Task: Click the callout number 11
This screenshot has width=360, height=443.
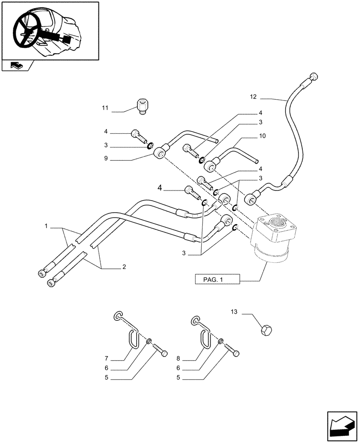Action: point(105,108)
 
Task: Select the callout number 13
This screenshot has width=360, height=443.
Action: point(234,312)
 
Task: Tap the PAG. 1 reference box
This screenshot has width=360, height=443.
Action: point(217,280)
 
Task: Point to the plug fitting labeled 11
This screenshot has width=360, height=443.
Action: point(141,107)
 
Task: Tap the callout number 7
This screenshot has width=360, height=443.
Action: point(106,358)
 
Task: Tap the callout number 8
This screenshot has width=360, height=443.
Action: point(179,358)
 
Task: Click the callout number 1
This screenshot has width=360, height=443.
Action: point(46,227)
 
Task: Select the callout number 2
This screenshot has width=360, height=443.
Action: point(124,267)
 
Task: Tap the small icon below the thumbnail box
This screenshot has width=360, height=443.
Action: point(16,66)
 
